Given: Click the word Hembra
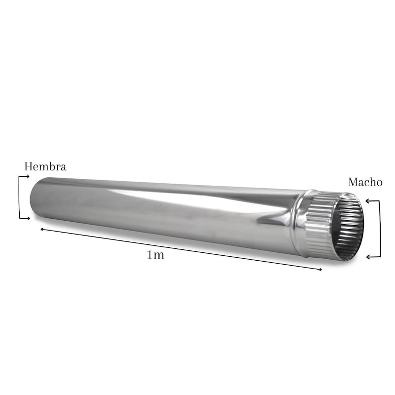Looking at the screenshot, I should click(x=45, y=167).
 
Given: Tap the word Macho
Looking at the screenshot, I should click(x=365, y=182).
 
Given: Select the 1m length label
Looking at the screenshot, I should click(x=156, y=255).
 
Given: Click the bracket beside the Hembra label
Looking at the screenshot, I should click(x=20, y=197).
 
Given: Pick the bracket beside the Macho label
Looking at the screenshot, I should click(x=379, y=229).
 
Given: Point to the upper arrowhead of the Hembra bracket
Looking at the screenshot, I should click(x=28, y=176).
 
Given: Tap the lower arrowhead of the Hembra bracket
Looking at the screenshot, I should click(x=28, y=218).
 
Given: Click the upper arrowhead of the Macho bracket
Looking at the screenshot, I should click(x=367, y=201).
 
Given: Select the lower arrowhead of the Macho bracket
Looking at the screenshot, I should click(x=367, y=257).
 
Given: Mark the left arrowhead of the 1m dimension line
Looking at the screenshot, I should click(x=41, y=229).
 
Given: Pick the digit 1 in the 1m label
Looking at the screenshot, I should click(x=150, y=255).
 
